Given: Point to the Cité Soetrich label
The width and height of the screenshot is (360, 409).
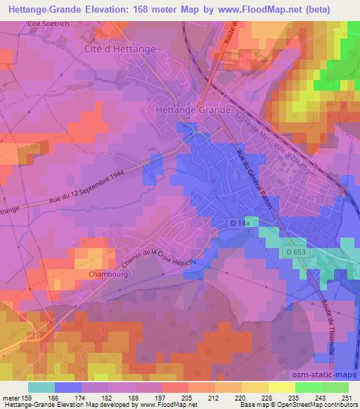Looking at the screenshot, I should tap(51, 23).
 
